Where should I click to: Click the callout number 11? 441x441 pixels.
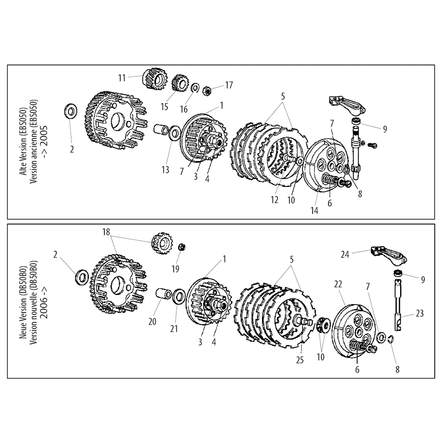[x=122, y=78]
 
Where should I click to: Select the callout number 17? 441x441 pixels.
[x=229, y=84]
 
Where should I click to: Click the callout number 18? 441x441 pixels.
[x=106, y=232]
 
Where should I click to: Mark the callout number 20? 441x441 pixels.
[x=152, y=322]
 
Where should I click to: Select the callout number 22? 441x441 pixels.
[x=338, y=285]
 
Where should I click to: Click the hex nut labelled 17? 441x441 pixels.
[x=205, y=91]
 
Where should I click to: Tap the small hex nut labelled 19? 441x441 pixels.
[x=181, y=246]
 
